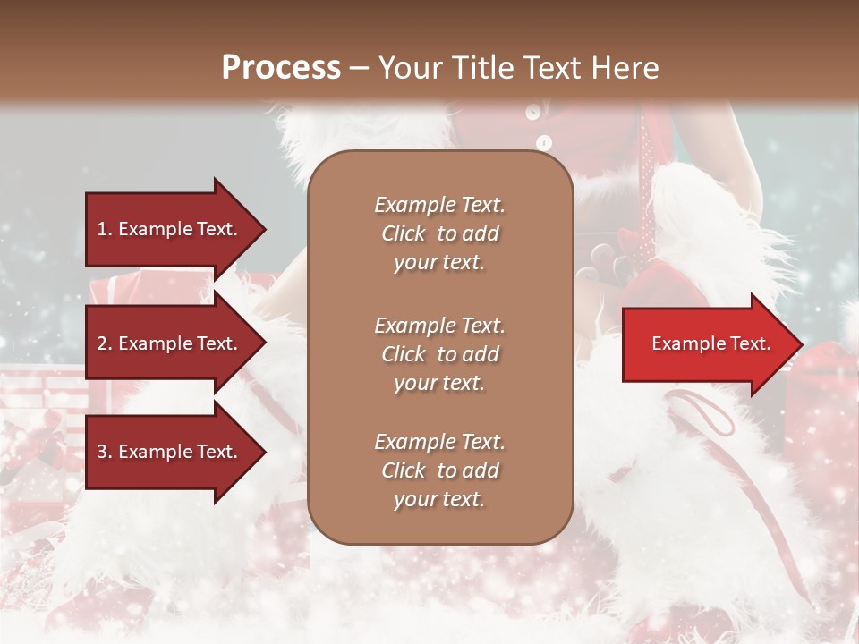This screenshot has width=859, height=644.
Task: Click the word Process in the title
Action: [x=281, y=68]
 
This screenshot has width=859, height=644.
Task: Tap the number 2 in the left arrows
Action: [x=102, y=343]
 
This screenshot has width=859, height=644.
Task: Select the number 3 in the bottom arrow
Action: [x=102, y=453]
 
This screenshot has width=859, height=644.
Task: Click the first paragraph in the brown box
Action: [x=439, y=233]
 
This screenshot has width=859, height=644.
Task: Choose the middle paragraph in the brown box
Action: [x=439, y=354]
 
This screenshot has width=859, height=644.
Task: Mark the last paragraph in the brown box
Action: [x=439, y=470]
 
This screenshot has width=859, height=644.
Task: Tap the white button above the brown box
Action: [x=543, y=141]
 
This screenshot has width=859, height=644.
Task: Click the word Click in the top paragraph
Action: [x=404, y=233]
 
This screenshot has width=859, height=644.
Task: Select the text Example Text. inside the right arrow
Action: [x=711, y=344]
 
